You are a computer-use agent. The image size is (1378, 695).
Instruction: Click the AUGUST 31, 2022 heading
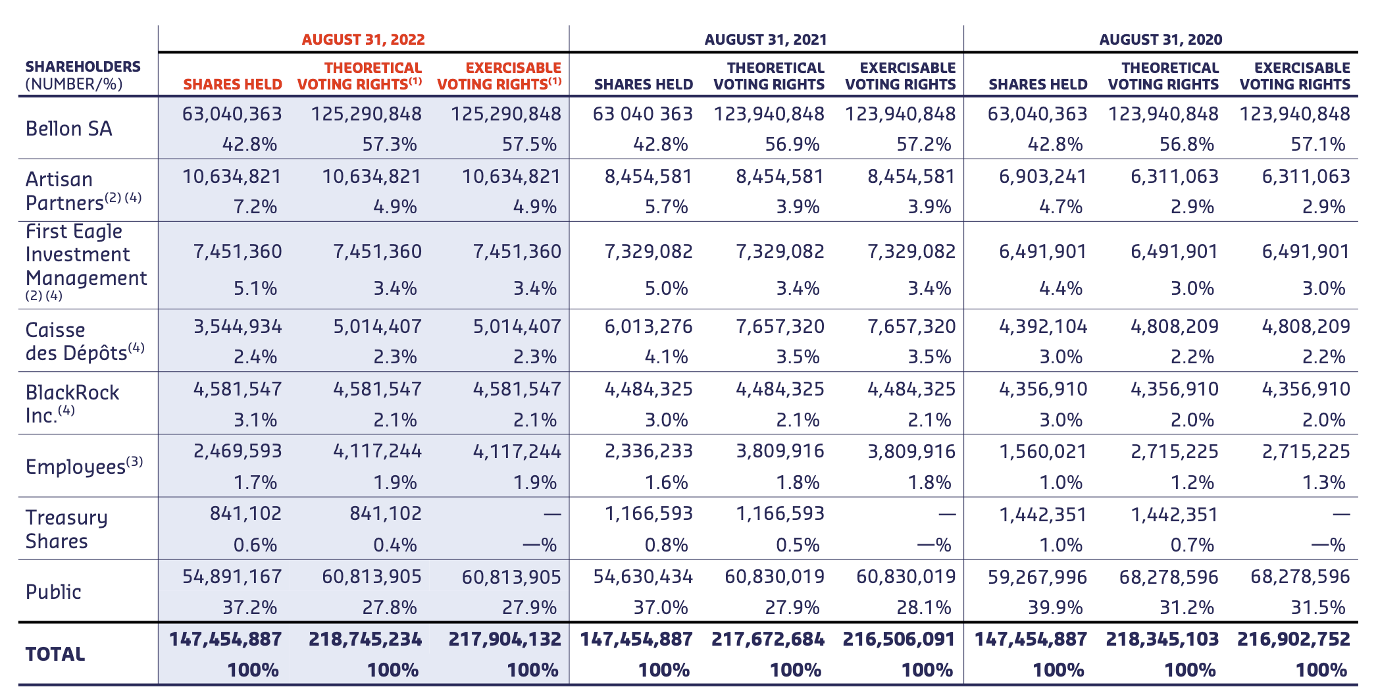click(x=363, y=39)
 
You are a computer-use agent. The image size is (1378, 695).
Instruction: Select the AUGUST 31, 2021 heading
click(x=765, y=39)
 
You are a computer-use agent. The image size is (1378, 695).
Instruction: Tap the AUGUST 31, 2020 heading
click(x=1160, y=39)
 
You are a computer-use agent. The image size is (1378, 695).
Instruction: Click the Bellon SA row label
click(x=68, y=128)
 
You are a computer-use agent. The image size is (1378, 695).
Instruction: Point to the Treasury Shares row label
click(x=66, y=529)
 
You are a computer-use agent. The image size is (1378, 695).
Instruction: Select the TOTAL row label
click(x=55, y=654)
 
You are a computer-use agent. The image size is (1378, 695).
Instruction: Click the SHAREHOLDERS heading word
click(x=83, y=66)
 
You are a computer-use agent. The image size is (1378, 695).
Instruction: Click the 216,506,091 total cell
click(x=898, y=639)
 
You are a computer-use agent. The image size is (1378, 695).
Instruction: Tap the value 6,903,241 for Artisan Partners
click(x=1042, y=176)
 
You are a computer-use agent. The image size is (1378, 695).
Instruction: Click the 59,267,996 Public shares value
click(x=1037, y=577)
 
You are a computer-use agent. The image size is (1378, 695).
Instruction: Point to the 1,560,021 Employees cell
click(x=1042, y=451)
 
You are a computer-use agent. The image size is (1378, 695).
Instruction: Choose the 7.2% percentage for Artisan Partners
click(x=255, y=207)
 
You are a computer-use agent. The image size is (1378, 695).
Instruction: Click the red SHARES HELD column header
click(x=232, y=84)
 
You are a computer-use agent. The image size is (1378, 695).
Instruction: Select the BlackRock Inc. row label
click(x=72, y=403)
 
